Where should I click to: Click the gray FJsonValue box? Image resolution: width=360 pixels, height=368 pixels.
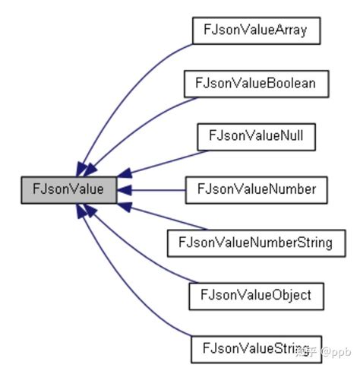68,189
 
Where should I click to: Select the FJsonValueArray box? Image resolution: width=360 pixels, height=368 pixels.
256,30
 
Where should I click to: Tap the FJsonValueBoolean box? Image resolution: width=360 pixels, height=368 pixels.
256,83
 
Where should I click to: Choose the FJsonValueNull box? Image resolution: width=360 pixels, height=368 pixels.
256,135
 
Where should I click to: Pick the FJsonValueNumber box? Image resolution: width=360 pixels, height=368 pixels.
256,189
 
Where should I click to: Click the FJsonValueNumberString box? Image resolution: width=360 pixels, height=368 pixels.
256,242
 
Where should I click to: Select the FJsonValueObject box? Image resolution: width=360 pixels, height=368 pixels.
256,294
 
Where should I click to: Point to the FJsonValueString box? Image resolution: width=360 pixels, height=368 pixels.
256,347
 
